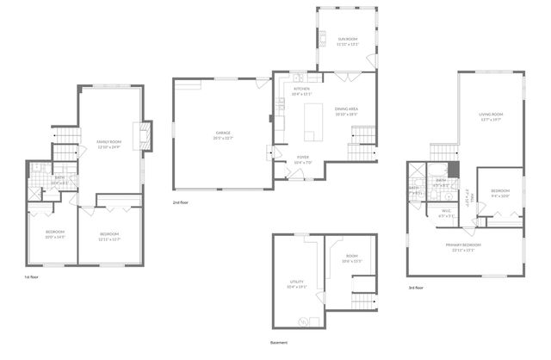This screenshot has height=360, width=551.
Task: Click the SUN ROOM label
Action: point(347,40)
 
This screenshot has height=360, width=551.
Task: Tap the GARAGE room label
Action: point(223,133)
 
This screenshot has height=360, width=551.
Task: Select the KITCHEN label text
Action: point(300,89)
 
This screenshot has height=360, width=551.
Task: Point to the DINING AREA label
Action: point(347,109)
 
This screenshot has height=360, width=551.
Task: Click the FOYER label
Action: point(302,157)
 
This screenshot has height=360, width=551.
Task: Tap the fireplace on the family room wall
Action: point(147,133)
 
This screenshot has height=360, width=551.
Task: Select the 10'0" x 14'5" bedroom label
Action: point(55,233)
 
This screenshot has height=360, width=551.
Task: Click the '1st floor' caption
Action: point(33,277)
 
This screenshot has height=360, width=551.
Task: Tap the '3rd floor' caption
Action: point(416,287)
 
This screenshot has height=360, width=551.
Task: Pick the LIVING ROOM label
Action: point(491,115)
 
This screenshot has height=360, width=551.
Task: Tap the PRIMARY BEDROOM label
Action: point(463,245)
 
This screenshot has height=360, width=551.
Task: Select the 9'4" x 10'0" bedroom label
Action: point(500,190)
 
